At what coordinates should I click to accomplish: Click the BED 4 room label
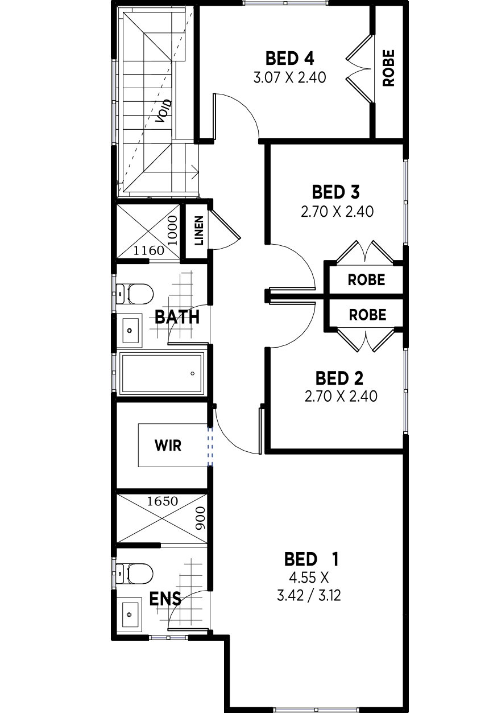point(289,59)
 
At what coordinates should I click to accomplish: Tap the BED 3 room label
point(335,192)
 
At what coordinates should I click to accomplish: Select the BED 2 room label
point(339,378)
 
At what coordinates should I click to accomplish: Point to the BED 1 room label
point(312,559)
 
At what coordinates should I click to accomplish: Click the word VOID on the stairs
point(164,111)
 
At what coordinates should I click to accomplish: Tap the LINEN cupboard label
point(199,231)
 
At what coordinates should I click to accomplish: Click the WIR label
point(168,446)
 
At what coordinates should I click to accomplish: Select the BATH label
point(177,317)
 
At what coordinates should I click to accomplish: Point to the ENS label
point(165,599)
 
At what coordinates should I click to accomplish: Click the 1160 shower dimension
point(149,251)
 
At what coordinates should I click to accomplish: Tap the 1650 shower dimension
point(162,502)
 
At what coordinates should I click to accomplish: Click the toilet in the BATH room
point(135,294)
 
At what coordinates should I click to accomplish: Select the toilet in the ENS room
point(135,574)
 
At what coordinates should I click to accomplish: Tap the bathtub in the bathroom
point(161,373)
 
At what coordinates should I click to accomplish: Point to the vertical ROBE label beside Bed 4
point(388,68)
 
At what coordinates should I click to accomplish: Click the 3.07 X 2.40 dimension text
point(289,77)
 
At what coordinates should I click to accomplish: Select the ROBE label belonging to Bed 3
point(366,280)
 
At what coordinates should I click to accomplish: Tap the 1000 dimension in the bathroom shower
point(172,230)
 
